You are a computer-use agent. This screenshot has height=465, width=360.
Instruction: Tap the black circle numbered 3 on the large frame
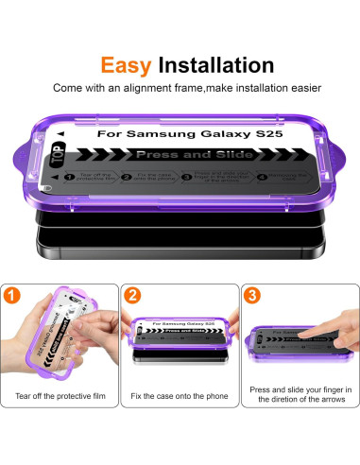coord(203,176)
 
